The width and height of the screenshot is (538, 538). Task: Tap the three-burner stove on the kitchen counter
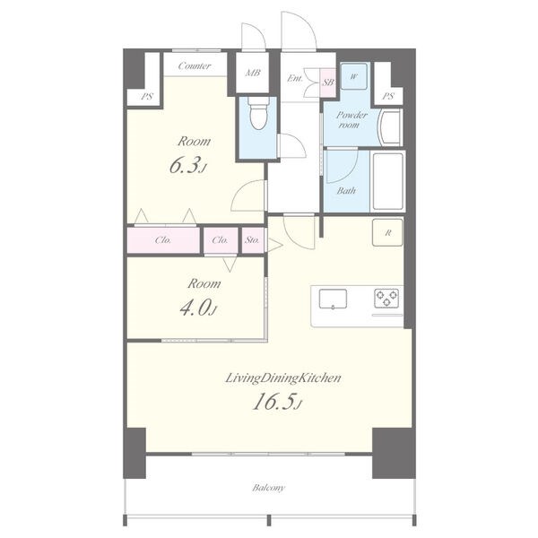[x=386, y=298]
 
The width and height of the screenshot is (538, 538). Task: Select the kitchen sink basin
[x=333, y=299]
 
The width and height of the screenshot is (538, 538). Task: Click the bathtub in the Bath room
[x=387, y=181]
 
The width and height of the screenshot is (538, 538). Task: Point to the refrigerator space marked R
[x=387, y=232]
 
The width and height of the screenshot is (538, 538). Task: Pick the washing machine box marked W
[x=354, y=76]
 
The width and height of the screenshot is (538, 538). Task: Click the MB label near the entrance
[x=253, y=73]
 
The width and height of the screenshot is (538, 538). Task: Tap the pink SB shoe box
[x=327, y=82]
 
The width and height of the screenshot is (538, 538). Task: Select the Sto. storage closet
[x=253, y=240]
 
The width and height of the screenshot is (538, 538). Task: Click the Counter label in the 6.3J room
[x=195, y=65]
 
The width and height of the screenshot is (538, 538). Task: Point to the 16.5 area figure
[x=274, y=402]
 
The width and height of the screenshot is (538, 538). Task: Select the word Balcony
[x=268, y=488]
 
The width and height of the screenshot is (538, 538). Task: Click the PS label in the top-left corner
[x=147, y=97]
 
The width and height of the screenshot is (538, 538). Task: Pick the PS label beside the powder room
[x=387, y=97]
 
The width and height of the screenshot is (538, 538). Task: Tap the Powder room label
[x=351, y=119]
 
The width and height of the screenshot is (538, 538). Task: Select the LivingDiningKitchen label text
[x=283, y=378]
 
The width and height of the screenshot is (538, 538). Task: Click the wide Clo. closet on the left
[x=163, y=240]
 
